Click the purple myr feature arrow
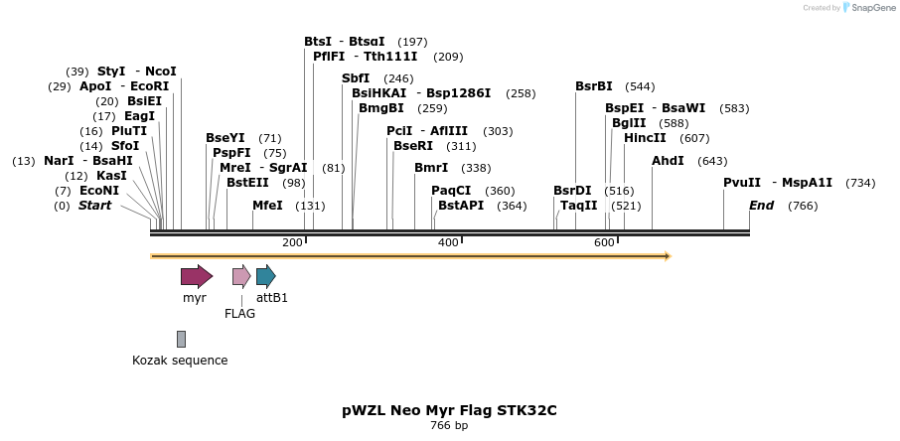pos(196,276)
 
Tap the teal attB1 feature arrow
pos(265,276)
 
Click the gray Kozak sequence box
pos(181,339)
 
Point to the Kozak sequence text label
pos(180,361)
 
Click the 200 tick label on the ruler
pos(292,243)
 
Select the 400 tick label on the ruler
pos(448,243)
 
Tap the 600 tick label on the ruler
pos(604,243)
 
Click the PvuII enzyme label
pos(742,183)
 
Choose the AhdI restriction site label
pos(668,161)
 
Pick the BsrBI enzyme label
pos(594,86)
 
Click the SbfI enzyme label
pos(356,78)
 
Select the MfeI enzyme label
pos(267,206)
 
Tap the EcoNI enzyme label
pos(99,191)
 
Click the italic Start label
pos(95,206)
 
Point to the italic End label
pos(761,206)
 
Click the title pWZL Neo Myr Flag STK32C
pos(449,409)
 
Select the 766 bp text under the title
pos(449,426)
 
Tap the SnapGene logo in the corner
pos(866,8)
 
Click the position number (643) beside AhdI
pos(712,161)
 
